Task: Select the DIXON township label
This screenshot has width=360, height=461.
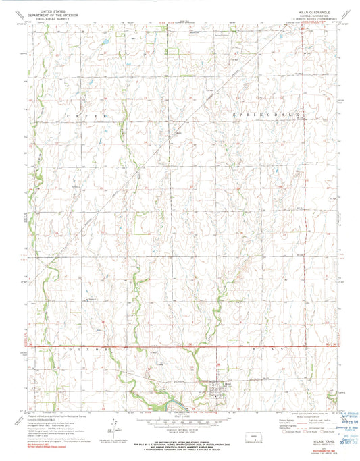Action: pos(84,350)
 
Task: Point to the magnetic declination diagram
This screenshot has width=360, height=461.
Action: pos(117,426)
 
